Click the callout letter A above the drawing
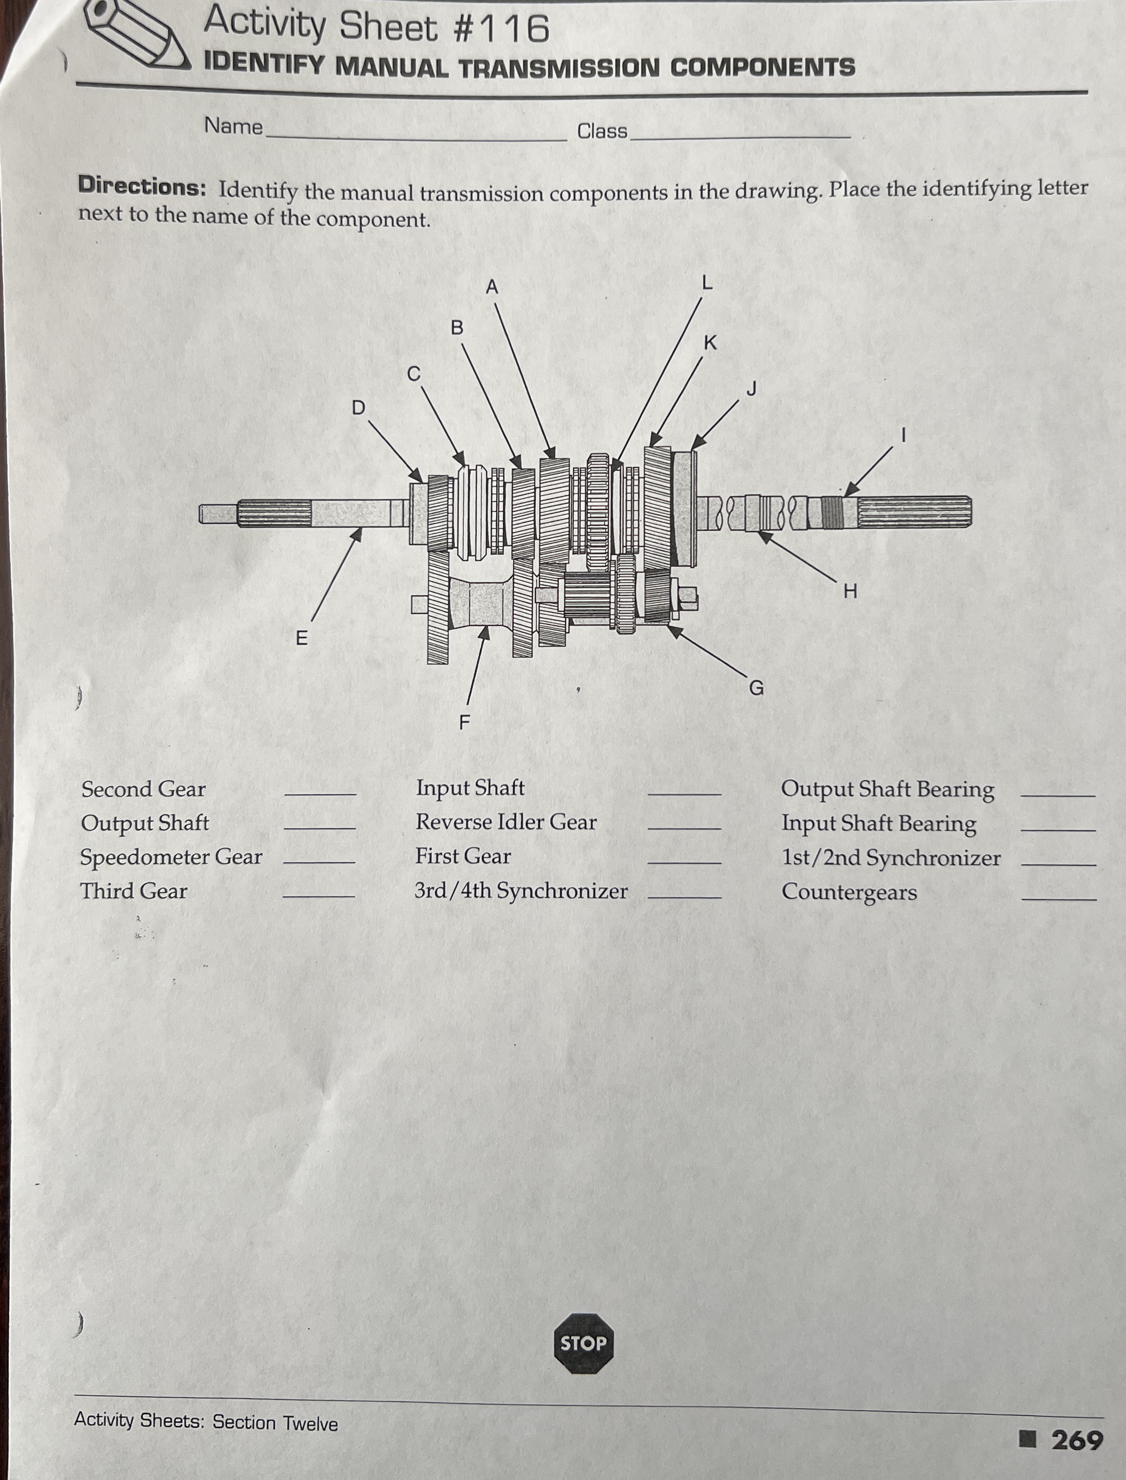tap(492, 287)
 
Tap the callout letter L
tap(706, 283)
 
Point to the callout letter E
tap(301, 638)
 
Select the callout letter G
tap(756, 688)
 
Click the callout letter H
tap(850, 591)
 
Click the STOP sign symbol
tap(583, 1343)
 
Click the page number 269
tap(1076, 1439)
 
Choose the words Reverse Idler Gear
tap(506, 822)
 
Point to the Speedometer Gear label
tap(171, 857)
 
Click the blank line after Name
tap(415, 137)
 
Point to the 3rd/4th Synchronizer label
tap(521, 891)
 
